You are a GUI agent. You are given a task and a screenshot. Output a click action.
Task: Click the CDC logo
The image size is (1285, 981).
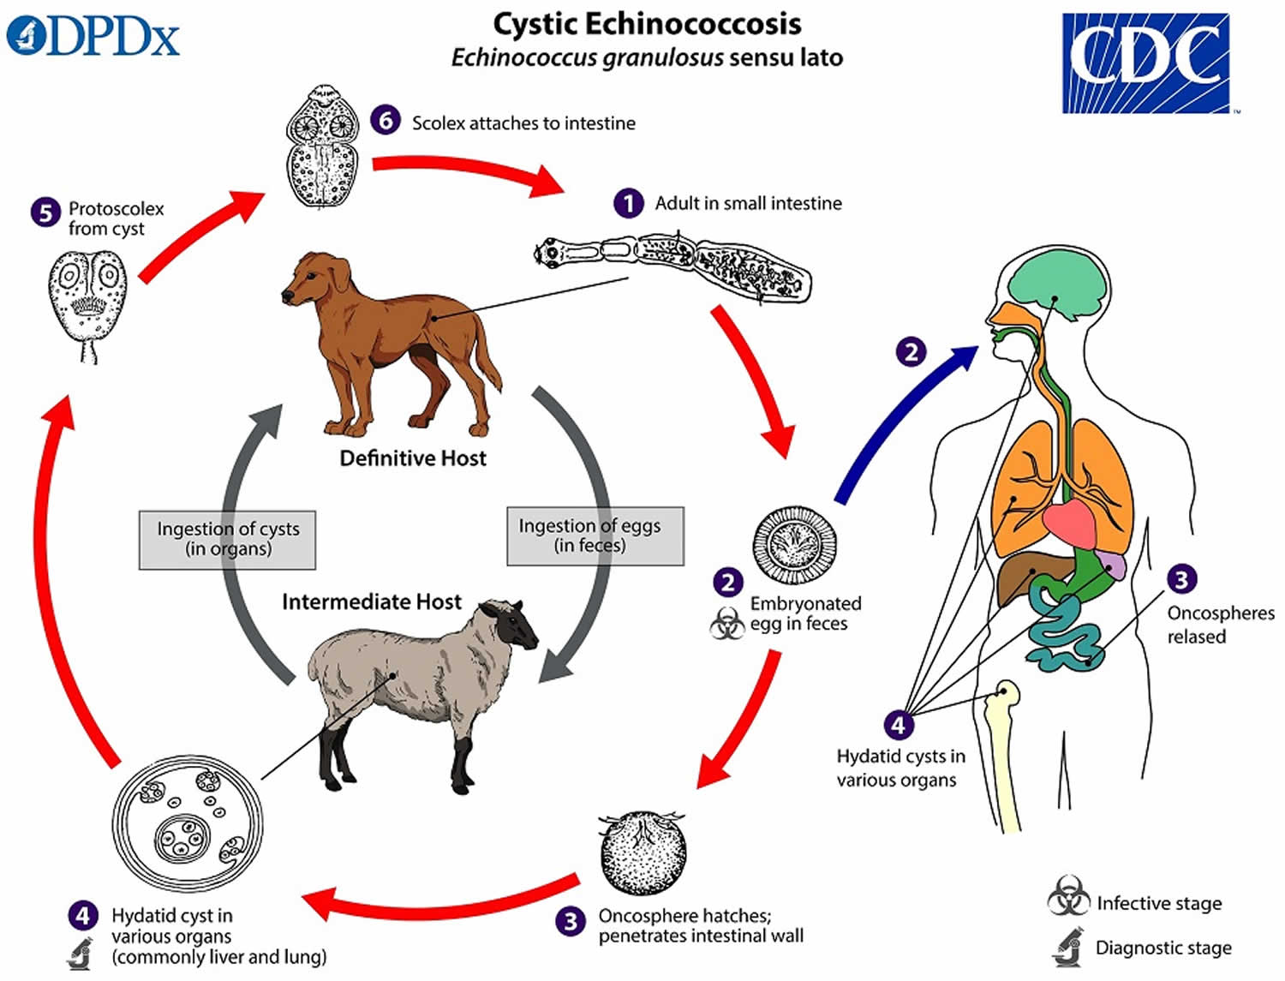(1147, 63)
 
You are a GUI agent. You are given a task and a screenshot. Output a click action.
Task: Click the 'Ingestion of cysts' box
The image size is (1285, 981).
(227, 539)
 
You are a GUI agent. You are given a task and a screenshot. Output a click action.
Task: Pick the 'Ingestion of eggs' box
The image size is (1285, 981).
(595, 535)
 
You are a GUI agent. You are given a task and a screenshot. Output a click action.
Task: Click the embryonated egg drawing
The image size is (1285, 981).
(794, 545)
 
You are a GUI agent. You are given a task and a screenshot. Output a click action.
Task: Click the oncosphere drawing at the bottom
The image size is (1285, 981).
(642, 852)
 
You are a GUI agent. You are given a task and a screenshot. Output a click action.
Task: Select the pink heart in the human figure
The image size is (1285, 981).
(1071, 523)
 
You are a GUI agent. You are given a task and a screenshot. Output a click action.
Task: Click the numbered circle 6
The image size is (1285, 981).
(385, 121)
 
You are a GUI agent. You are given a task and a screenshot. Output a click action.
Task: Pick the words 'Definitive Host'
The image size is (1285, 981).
(413, 458)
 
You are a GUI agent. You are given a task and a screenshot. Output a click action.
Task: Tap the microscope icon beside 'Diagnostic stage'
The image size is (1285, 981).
(1068, 946)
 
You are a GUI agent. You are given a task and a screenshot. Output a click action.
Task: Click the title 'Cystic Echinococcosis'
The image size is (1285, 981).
(647, 24)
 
